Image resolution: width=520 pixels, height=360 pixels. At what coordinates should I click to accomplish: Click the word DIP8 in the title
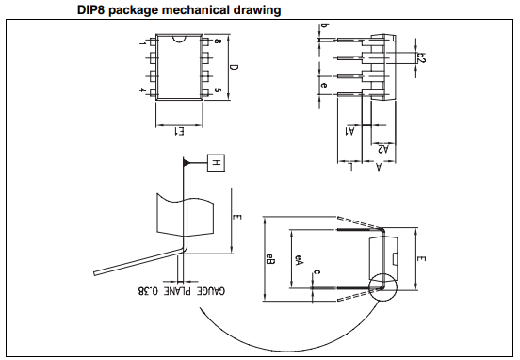point(90,10)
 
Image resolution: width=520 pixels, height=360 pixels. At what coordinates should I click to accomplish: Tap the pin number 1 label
point(142,43)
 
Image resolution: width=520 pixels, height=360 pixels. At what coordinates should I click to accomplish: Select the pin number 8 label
point(218,41)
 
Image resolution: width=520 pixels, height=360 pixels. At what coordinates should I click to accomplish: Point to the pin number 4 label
point(142,90)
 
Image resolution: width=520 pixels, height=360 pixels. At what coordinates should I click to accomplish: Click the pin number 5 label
point(218,90)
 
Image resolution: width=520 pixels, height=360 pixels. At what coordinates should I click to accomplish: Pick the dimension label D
point(235,67)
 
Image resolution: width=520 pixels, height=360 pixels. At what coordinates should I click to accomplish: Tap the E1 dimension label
point(179,131)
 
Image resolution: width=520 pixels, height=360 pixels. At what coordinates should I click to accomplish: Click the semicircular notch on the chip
point(179,39)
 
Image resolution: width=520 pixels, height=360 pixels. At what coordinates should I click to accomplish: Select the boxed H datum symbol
point(216,163)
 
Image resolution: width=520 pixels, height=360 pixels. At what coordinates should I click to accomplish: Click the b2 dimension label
point(421,57)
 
